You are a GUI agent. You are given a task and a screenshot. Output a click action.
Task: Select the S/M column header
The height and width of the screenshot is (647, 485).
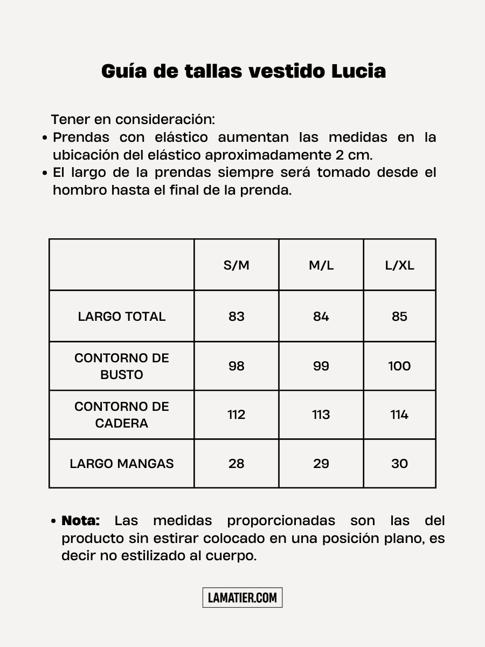pyautogui.click(x=237, y=265)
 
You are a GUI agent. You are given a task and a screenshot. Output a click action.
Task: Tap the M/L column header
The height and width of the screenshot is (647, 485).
pyautogui.click(x=321, y=265)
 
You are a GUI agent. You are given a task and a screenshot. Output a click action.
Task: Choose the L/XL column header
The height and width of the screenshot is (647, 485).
pyautogui.click(x=400, y=265)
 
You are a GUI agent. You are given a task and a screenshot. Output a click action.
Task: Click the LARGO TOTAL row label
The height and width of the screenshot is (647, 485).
pyautogui.click(x=122, y=316)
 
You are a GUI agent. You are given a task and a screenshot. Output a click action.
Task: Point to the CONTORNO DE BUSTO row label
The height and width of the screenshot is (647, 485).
pyautogui.click(x=122, y=366)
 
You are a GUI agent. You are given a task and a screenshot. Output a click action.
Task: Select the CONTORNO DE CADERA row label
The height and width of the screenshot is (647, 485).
pyautogui.click(x=122, y=415)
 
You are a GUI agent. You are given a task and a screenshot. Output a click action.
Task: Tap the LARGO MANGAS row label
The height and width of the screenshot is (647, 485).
pyautogui.click(x=122, y=464)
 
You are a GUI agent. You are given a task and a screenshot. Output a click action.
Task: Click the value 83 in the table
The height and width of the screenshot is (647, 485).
pyautogui.click(x=237, y=316)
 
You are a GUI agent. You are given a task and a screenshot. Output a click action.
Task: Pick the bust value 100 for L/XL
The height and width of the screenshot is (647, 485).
pyautogui.click(x=399, y=366)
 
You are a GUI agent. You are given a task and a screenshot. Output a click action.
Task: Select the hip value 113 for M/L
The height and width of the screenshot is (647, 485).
pyautogui.click(x=321, y=415)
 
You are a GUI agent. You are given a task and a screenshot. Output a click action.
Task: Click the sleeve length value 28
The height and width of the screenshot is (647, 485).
pyautogui.click(x=237, y=464)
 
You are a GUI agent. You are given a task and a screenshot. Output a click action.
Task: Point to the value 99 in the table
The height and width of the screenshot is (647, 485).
pyautogui.click(x=321, y=366)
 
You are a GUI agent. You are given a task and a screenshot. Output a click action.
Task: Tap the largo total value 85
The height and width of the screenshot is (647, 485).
pyautogui.click(x=399, y=316)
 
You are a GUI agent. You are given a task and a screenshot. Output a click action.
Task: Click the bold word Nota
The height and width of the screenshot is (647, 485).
pyautogui.click(x=81, y=521)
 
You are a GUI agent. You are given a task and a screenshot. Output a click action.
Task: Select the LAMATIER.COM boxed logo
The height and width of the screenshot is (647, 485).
pyautogui.click(x=242, y=597)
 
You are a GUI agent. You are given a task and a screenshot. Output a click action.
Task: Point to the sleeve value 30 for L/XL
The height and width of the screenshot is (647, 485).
pyautogui.click(x=399, y=464)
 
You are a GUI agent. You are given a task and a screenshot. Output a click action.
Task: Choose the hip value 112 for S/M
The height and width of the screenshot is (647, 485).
pyautogui.click(x=237, y=415)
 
